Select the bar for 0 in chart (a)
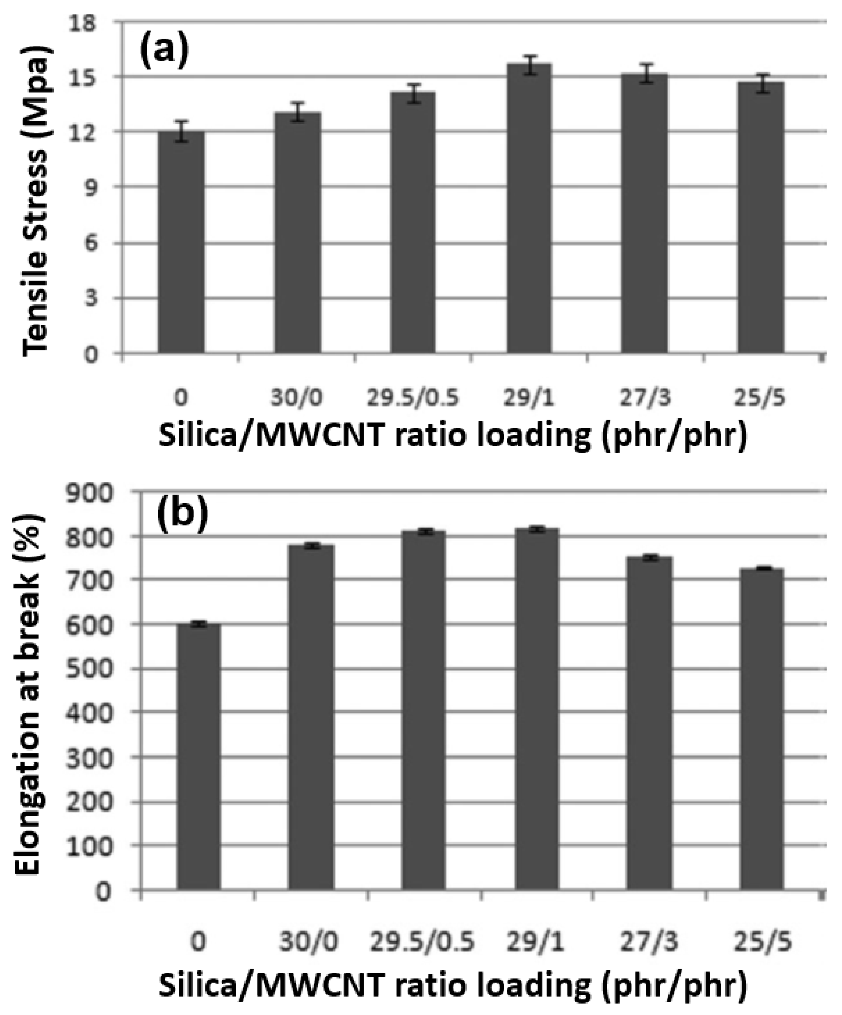181,242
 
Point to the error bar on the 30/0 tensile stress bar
297,112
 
